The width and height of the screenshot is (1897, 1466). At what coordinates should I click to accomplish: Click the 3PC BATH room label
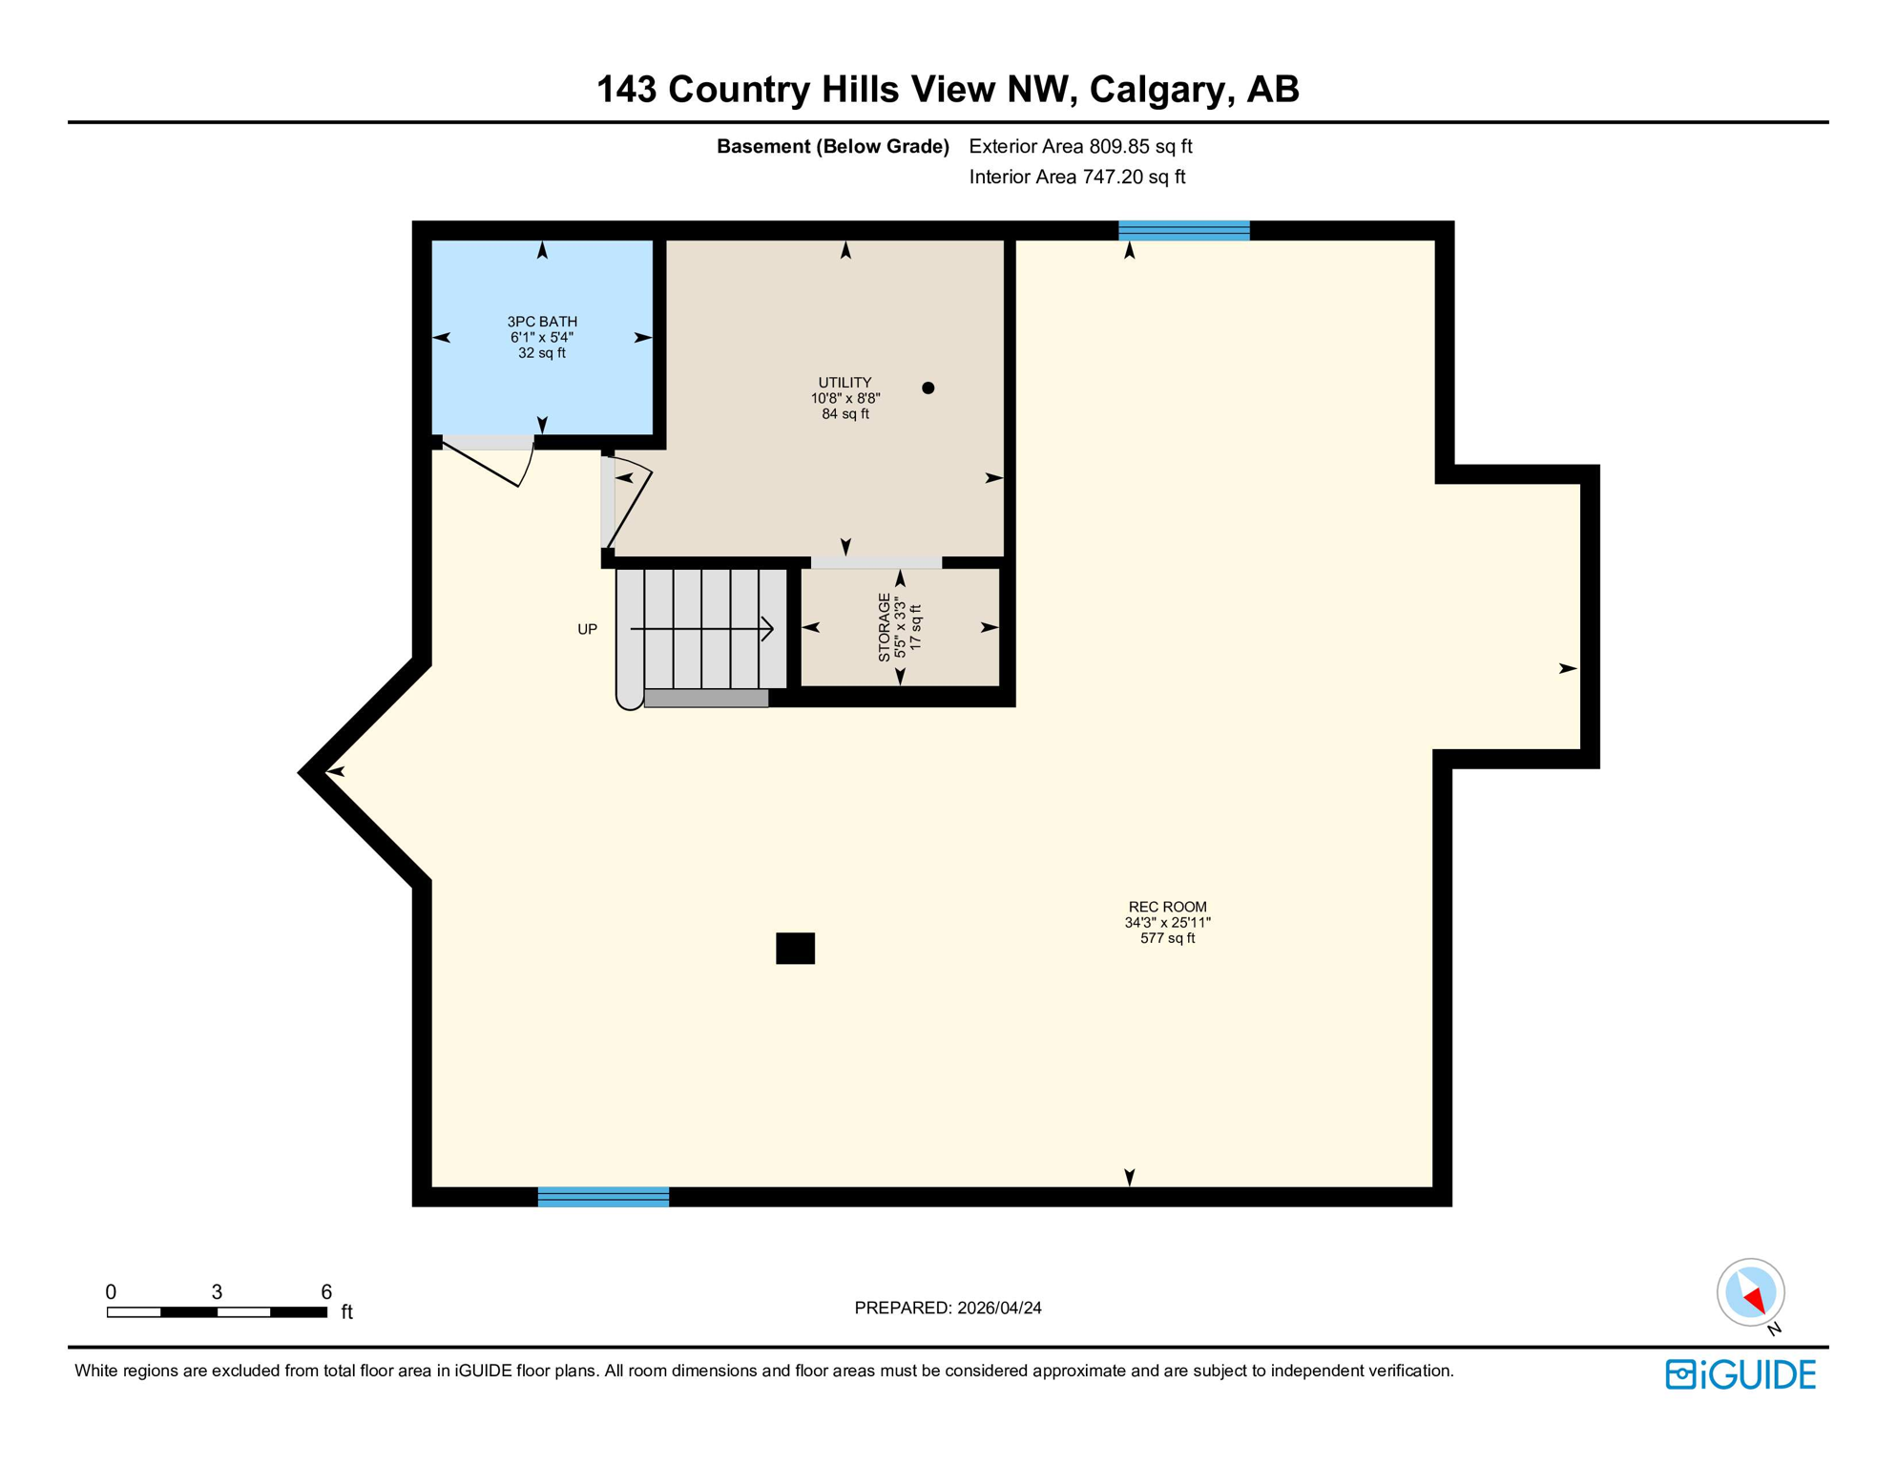[541, 322]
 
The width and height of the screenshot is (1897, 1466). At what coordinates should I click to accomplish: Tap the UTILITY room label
[844, 383]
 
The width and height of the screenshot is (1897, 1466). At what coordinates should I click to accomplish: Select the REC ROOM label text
[1167, 907]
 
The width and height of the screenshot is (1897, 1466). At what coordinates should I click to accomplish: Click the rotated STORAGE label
[885, 627]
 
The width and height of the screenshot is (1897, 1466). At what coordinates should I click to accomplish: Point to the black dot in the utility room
[928, 387]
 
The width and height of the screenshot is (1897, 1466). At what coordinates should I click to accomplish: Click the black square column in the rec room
[795, 948]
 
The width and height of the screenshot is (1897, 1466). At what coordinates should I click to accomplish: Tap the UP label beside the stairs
[587, 629]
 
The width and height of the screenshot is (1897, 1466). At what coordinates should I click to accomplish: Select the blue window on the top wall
[1183, 230]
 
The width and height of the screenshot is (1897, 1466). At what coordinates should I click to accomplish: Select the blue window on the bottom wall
[603, 1197]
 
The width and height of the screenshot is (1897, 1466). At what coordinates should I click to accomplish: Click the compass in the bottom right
[1750, 1292]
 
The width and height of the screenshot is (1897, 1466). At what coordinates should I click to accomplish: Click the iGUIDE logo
[1741, 1374]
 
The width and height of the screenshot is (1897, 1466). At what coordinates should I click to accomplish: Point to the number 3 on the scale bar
[217, 1291]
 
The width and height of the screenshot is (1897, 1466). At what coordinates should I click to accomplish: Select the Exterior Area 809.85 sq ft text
[1080, 146]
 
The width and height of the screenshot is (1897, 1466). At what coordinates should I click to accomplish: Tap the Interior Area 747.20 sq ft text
[1076, 177]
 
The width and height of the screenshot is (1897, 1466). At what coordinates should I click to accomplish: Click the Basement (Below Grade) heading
[832, 146]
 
